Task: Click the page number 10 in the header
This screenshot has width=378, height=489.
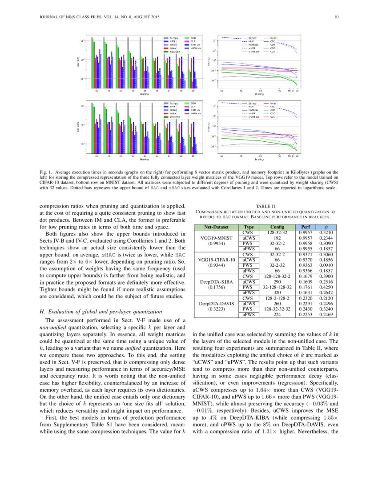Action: [337, 17]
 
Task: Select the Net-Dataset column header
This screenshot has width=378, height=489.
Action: [216, 227]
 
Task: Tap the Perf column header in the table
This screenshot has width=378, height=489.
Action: [306, 227]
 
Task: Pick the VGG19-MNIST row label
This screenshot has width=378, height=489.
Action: [216, 238]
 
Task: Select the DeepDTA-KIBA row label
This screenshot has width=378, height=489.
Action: [216, 282]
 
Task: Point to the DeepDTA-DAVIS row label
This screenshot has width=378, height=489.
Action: [216, 305]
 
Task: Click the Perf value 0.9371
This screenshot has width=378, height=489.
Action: [306, 254]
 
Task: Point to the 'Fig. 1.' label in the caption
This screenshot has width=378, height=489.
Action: [46, 171]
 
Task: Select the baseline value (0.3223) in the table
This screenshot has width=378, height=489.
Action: [216, 309]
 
